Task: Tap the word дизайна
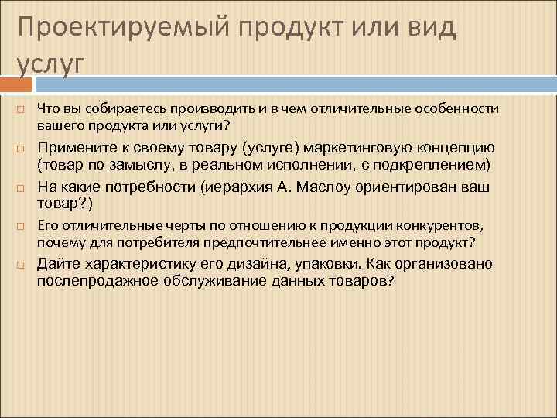pos(255,264)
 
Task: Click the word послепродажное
pos(97,281)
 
